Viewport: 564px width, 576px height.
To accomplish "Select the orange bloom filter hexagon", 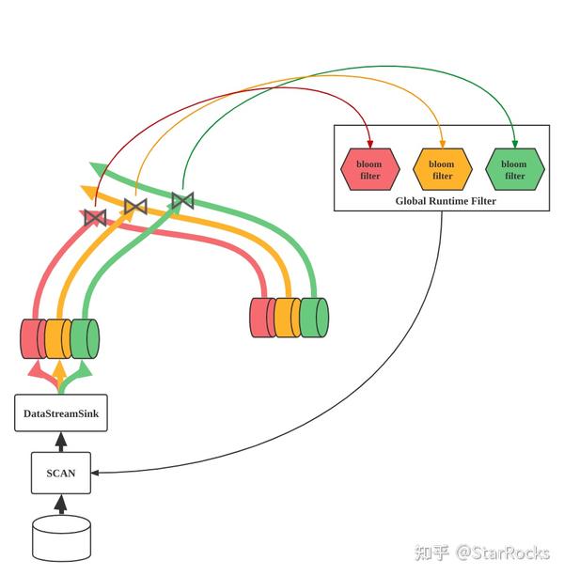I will (x=441, y=170).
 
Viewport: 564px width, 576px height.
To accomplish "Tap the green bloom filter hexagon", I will (x=514, y=170).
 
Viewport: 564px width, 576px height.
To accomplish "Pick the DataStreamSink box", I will (x=61, y=413).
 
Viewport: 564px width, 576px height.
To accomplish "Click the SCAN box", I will (x=61, y=473).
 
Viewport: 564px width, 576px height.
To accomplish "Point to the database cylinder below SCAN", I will (x=61, y=538).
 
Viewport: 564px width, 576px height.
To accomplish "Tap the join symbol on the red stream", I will (x=94, y=217).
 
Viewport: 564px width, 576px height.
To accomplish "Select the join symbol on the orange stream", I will (x=136, y=206).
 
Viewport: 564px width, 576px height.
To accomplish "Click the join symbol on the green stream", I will (x=182, y=199).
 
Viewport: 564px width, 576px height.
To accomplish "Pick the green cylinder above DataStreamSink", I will (x=85, y=338).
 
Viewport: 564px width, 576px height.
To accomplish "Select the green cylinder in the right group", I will (x=314, y=318).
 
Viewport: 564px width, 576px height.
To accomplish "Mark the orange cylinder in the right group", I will (x=288, y=318).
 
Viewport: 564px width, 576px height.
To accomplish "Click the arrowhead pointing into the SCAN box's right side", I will (x=96, y=474).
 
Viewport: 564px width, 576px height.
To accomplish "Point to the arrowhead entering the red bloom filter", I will (x=368, y=142).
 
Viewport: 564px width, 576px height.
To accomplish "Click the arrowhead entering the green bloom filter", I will (x=514, y=142).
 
